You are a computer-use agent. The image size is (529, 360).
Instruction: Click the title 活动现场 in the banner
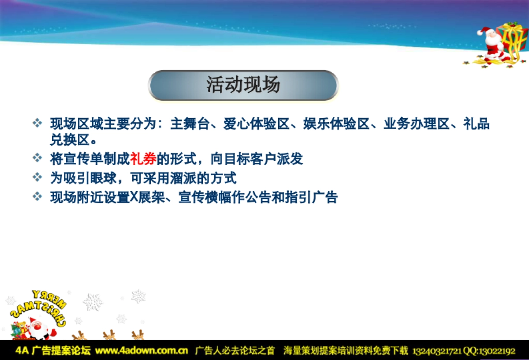243,85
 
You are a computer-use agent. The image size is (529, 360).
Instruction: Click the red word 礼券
143,159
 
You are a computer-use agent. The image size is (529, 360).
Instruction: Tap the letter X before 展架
134,197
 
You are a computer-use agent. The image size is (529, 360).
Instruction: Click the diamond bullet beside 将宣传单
37,158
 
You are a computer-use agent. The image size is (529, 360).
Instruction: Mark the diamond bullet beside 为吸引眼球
37,178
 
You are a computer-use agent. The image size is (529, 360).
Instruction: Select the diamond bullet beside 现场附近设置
37,197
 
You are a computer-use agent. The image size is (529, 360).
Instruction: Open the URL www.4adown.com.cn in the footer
142,351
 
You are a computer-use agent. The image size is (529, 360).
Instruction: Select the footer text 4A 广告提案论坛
53,351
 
